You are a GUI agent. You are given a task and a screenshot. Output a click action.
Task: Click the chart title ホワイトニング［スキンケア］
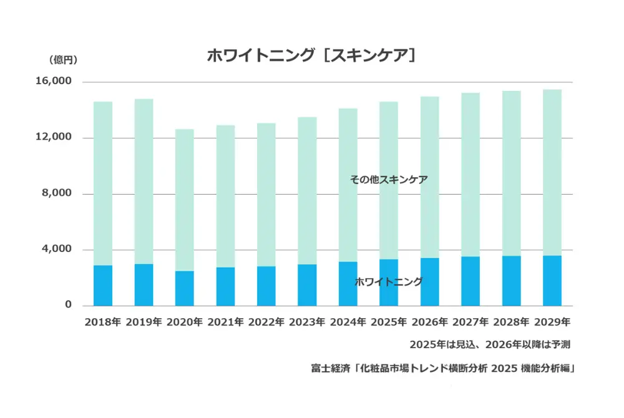point(311,56)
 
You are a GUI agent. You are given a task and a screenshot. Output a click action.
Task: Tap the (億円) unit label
point(62,60)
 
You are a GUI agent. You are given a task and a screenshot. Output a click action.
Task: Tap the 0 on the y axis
point(69,305)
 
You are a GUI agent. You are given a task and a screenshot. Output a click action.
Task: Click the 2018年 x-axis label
point(102,323)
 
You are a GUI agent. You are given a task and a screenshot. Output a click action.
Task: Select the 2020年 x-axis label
point(184,323)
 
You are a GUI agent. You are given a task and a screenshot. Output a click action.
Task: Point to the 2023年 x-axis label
point(307,323)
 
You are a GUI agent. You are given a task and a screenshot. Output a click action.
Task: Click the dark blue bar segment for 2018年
point(102,286)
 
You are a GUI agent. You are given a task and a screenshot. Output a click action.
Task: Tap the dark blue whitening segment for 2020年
point(184,288)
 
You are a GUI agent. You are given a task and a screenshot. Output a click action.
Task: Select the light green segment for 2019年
point(144,181)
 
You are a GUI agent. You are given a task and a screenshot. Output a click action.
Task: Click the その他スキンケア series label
point(389,180)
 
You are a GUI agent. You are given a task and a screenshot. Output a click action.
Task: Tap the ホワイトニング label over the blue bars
point(389,282)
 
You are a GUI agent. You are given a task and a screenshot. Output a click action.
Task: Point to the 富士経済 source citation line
point(442,368)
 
